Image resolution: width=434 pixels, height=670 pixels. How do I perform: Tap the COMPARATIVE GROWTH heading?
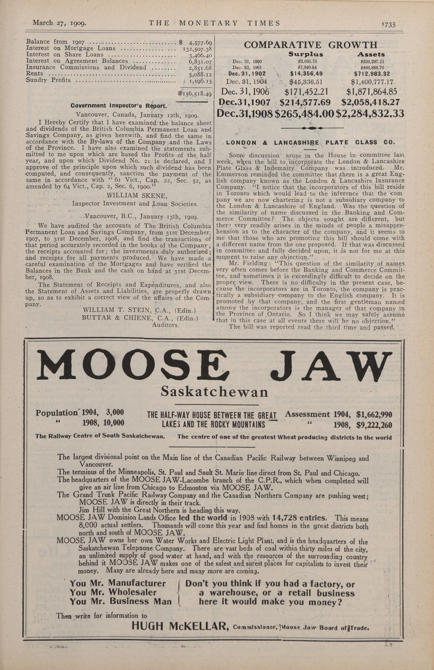coord(311,45)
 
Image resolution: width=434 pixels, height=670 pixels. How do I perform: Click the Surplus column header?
coord(306,54)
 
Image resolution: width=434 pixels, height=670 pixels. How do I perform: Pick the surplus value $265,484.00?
coord(304,114)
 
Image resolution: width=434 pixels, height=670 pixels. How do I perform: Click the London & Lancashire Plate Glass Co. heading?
coord(311,142)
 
